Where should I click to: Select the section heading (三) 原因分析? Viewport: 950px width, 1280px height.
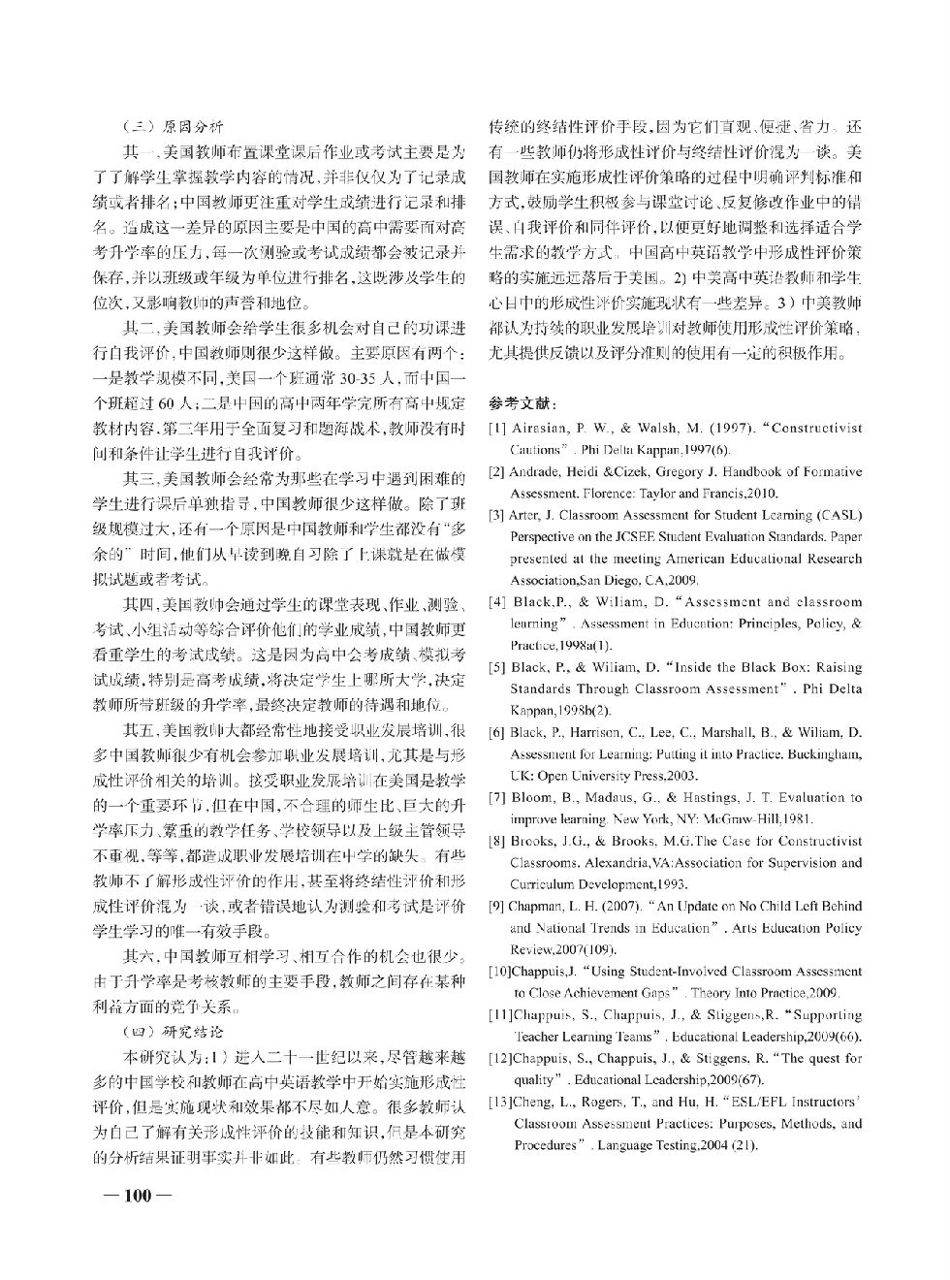pos(174,126)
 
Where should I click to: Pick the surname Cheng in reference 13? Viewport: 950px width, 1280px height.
pos(534,1103)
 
